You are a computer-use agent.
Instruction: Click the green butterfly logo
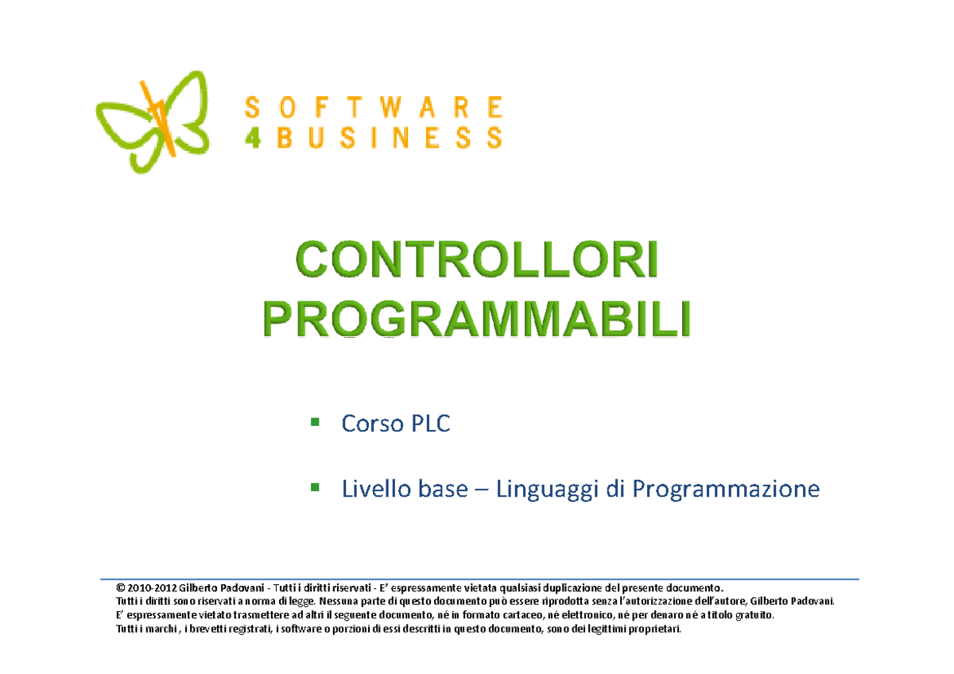[x=151, y=121]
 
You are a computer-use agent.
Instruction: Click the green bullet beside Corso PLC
[x=316, y=421]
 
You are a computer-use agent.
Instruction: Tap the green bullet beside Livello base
[x=316, y=485]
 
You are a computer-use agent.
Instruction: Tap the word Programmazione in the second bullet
[x=725, y=490]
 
